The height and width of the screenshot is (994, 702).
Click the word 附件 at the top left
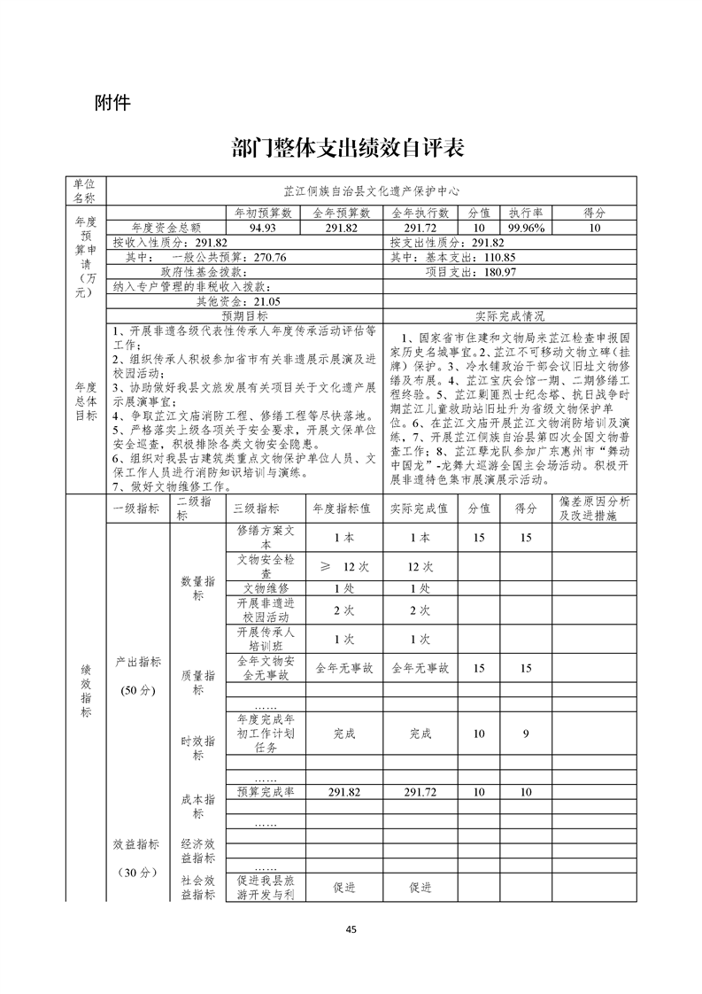click(x=112, y=103)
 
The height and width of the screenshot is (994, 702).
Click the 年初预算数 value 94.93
click(x=263, y=228)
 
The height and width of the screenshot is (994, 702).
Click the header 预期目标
click(x=244, y=315)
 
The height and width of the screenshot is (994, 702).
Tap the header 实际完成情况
click(x=510, y=315)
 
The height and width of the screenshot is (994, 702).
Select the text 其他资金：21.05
click(x=226, y=301)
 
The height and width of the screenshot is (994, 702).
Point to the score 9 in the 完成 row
click(x=526, y=734)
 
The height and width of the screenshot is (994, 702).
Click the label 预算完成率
click(x=266, y=792)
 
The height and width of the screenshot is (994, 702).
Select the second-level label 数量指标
click(x=197, y=588)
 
